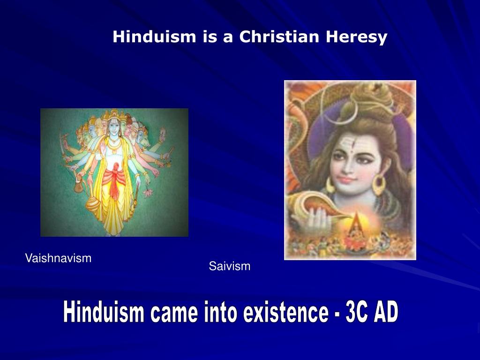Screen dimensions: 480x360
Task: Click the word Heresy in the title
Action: pos(356,37)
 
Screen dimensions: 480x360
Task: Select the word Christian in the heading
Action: pos(279,37)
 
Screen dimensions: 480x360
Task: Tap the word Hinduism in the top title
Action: pos(154,37)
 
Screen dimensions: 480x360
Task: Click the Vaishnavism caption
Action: pos(58,258)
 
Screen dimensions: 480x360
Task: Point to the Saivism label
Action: pos(230,266)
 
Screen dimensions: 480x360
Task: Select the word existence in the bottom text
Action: pos(286,312)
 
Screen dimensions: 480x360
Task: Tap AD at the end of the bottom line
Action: pos(386,312)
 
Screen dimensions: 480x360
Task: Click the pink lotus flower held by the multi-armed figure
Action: pos(148,192)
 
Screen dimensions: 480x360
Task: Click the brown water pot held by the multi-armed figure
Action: pos(78,186)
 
